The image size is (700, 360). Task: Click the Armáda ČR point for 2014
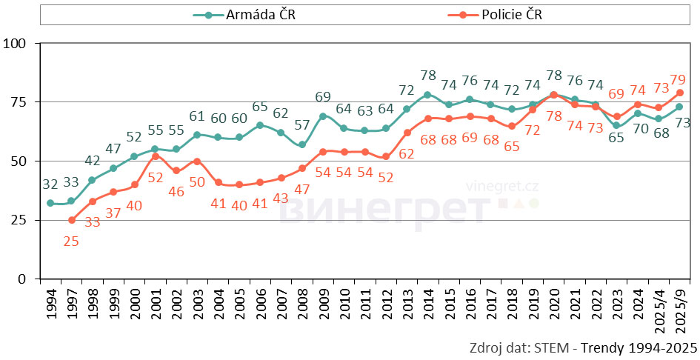[x=427, y=95]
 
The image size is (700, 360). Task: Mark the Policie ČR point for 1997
[x=72, y=220]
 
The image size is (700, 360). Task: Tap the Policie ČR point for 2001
[x=156, y=156]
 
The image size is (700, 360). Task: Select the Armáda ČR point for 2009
[x=323, y=116]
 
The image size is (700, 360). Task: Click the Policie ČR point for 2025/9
[x=679, y=93]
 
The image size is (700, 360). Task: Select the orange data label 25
[x=72, y=241]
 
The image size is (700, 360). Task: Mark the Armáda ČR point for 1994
[x=50, y=203]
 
